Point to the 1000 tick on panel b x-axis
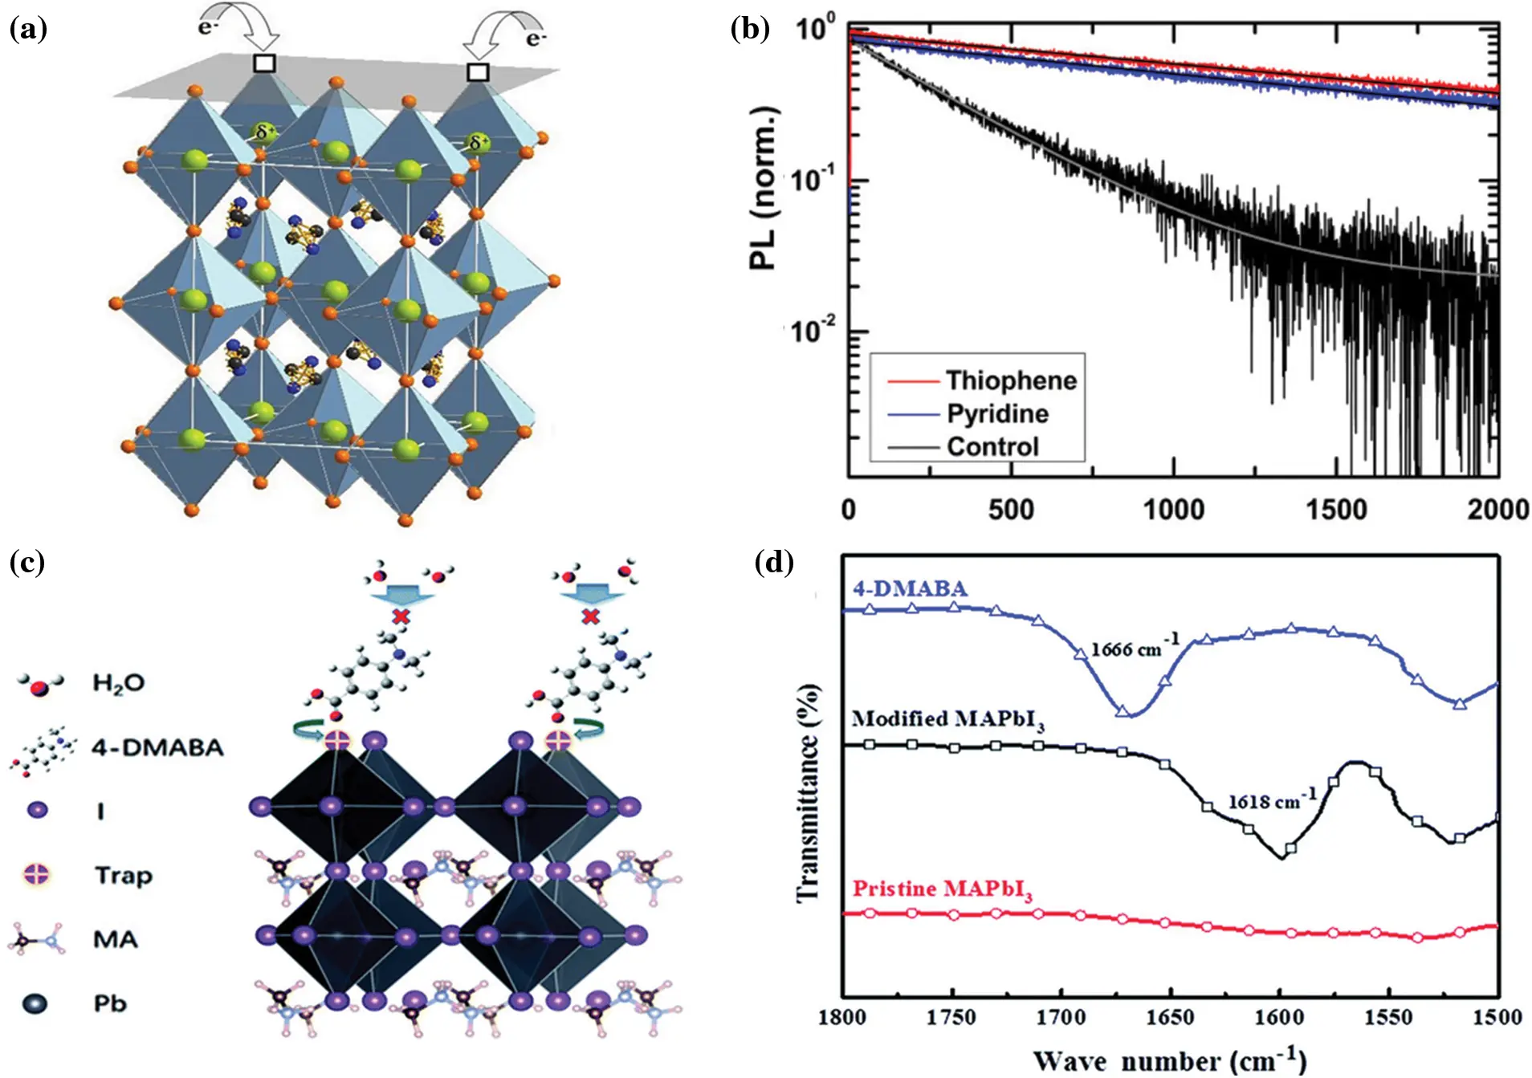tap(1173, 510)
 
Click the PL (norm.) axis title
tap(764, 188)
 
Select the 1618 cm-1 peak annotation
tap(1272, 800)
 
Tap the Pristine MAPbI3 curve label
tap(942, 889)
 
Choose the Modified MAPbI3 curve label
tap(947, 719)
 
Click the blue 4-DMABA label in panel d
tap(910, 588)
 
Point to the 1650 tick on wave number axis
tap(1170, 1017)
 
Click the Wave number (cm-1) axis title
tap(1169, 1060)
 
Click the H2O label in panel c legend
tap(119, 683)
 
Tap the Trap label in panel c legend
tap(123, 875)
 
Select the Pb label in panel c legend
tap(110, 1003)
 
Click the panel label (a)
tap(28, 30)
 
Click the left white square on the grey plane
tap(264, 63)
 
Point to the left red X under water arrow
tap(399, 616)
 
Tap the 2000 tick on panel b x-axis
tap(1497, 510)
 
